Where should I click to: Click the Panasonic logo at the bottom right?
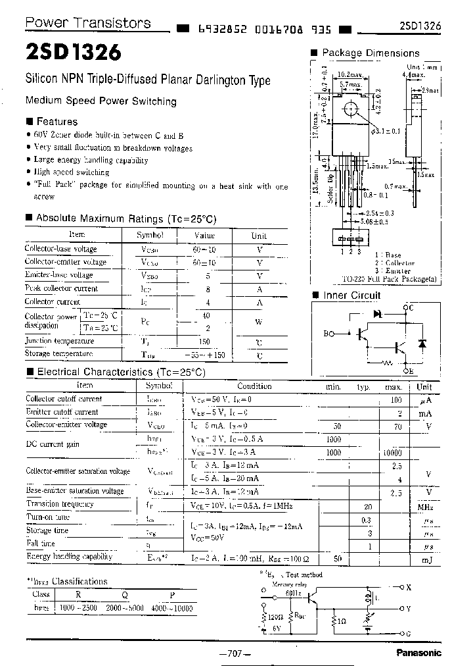pos(418,652)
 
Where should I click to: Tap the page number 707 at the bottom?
pos(235,653)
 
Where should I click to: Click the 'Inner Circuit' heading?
pos(351,295)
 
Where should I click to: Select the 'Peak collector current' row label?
pos(61,288)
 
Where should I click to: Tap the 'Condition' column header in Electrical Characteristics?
pos(254,387)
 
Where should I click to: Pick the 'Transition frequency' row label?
pos(60,504)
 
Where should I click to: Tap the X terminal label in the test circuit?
pos(409,587)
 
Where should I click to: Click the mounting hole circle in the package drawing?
pos(352,109)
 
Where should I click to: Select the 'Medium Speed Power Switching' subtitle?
pos(101,101)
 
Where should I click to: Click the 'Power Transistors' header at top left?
pos(87,23)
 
